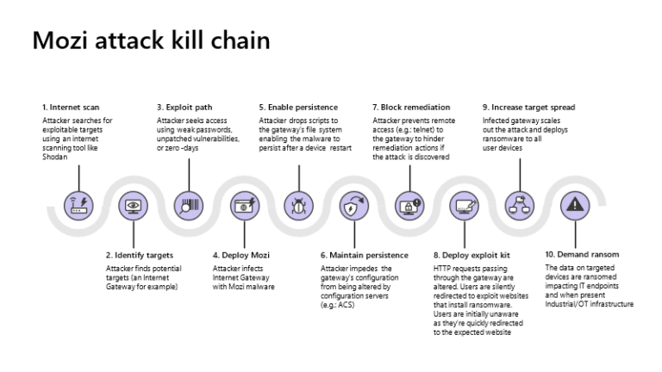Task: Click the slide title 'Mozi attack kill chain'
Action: (151, 40)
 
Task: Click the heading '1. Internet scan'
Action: (72, 107)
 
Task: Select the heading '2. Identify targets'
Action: (139, 255)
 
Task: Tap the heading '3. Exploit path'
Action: (184, 107)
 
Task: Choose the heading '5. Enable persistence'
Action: (297, 107)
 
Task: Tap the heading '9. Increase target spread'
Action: (528, 107)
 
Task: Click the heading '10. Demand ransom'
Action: (582, 255)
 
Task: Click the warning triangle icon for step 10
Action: (572, 205)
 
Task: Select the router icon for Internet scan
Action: (78, 205)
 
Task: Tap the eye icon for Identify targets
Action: (134, 205)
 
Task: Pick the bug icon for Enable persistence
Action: (298, 205)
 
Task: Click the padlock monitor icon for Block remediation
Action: (409, 205)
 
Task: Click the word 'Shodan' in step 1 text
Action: (55, 156)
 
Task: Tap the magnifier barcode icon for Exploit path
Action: (189, 205)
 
